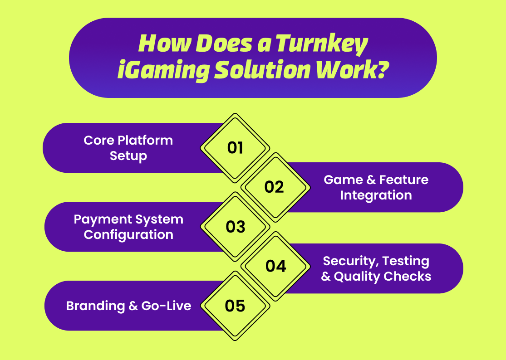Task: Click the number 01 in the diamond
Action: [x=235, y=148]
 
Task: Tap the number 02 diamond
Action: [x=274, y=187]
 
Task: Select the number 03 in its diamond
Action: [x=235, y=227]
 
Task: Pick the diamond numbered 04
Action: [x=275, y=266]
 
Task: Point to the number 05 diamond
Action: [x=235, y=306]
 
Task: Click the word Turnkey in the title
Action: [x=322, y=44]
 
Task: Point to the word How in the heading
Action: [x=158, y=44]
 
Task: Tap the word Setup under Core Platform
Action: [x=128, y=156]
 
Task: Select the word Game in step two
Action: [x=343, y=180]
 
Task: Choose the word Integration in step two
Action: [x=376, y=195]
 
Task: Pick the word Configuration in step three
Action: [x=128, y=235]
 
